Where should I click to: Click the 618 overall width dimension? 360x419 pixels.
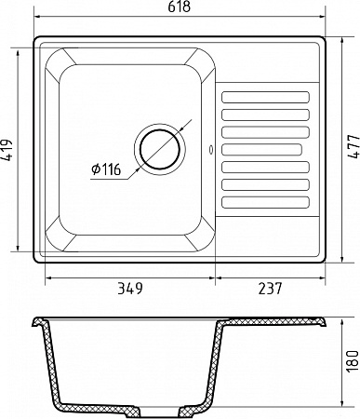(x=179, y=7)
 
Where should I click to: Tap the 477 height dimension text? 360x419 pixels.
(x=353, y=147)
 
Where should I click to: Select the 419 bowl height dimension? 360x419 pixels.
(x=7, y=150)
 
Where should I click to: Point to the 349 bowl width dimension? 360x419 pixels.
(x=130, y=289)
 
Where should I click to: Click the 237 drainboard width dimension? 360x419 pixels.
(x=270, y=289)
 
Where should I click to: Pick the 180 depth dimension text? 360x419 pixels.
(x=353, y=361)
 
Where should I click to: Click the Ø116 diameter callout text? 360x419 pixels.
(x=106, y=169)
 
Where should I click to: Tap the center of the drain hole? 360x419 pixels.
(x=160, y=148)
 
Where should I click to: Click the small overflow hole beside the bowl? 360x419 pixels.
(x=211, y=149)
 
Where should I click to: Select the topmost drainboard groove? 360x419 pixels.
(x=266, y=97)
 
